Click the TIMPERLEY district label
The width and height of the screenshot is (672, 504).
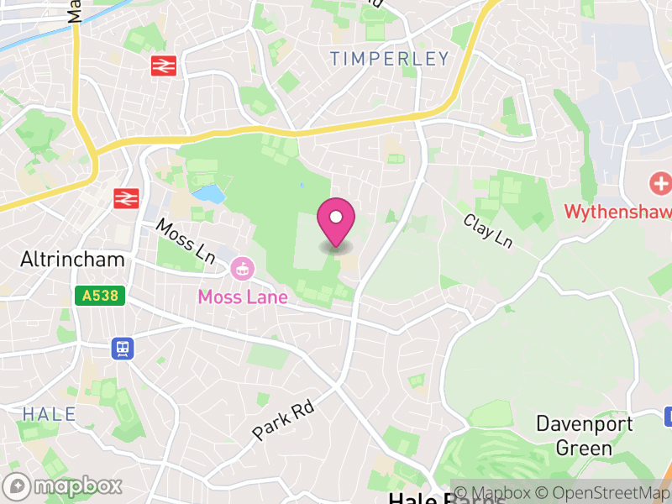(x=390, y=59)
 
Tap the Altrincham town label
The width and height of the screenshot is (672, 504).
(x=72, y=260)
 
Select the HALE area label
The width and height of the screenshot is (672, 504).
(x=49, y=414)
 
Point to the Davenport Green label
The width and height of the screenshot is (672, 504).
(x=585, y=435)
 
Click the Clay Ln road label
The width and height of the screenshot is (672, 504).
(x=488, y=230)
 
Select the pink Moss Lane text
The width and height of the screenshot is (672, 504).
(x=243, y=297)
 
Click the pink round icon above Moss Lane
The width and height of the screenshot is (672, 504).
(x=241, y=270)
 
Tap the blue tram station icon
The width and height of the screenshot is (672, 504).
(x=123, y=348)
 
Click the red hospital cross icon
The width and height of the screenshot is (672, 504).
(x=661, y=183)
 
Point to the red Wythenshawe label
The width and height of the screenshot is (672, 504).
(x=617, y=211)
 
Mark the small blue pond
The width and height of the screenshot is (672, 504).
(x=208, y=194)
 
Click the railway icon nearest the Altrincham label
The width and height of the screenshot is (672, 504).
(x=126, y=198)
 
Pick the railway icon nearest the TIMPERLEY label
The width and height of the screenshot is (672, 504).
(x=163, y=66)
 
